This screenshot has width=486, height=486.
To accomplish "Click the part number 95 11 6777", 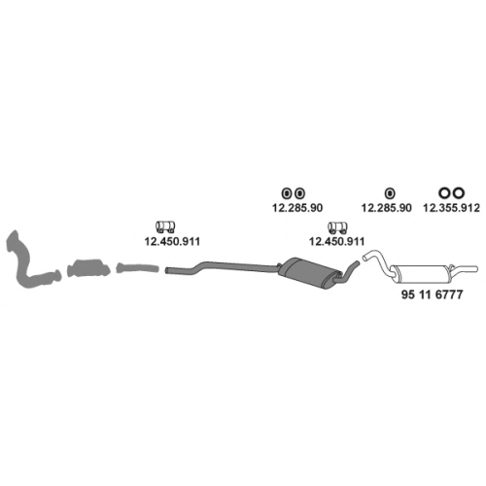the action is [432, 295].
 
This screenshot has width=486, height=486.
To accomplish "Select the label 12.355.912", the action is [451, 208].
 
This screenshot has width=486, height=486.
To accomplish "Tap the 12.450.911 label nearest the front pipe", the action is [172, 241].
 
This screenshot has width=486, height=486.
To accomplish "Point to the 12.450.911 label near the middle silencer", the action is [337, 241].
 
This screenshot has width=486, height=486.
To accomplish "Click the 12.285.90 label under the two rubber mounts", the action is [297, 208].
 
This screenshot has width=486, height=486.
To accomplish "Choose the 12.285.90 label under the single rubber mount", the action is [387, 208].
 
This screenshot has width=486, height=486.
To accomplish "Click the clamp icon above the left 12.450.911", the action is [165, 226].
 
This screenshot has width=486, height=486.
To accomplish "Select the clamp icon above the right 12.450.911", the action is [337, 227].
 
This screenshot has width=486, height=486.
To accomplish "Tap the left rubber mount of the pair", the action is [287, 193].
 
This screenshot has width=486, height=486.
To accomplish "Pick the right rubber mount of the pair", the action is [300, 193].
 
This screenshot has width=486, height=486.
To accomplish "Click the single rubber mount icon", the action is [390, 193].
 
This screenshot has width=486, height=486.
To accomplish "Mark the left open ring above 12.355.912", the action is [444, 192].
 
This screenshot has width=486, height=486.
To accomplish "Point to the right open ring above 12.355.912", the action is [459, 192].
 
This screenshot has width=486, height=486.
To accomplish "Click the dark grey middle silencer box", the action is [310, 272].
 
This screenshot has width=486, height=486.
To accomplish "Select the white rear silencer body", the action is [421, 274].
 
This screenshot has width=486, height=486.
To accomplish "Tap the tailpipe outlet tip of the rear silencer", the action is [475, 269].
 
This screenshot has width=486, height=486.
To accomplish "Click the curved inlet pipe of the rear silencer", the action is [377, 260].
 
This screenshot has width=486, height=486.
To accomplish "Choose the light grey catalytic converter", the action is [88, 268].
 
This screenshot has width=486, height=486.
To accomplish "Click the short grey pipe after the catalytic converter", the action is [138, 268].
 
